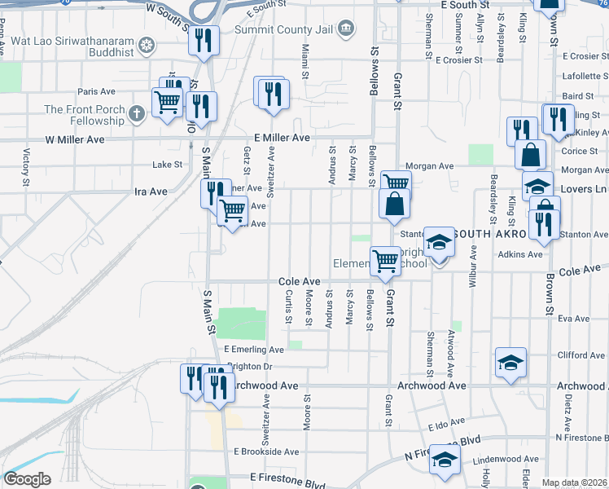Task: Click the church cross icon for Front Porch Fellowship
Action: pos(137,115)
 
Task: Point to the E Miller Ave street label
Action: pos(282,139)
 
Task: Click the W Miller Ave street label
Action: pos(74,139)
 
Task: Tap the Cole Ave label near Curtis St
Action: pos(299,281)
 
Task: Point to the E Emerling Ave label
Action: pos(253,350)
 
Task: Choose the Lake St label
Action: pos(167,165)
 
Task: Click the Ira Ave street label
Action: pos(150,192)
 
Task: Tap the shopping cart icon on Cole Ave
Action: pos(385,261)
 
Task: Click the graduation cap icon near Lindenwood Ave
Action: pos(445,460)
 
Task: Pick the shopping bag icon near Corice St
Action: pos(530,153)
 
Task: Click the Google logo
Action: pos(27,479)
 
